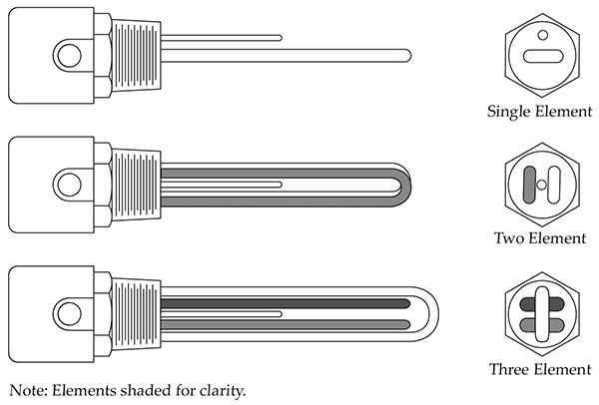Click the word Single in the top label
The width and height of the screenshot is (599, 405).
[x=509, y=112]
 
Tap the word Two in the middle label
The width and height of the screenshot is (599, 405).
[x=509, y=238]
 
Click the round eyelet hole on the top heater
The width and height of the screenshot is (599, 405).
[x=70, y=55]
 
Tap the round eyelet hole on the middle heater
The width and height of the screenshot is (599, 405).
[x=70, y=185]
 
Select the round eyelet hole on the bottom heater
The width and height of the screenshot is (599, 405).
[x=70, y=314]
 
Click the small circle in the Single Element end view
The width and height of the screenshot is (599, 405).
[x=542, y=35]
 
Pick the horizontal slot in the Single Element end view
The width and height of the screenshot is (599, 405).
[x=543, y=56]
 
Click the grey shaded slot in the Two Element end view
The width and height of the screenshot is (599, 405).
[x=529, y=185]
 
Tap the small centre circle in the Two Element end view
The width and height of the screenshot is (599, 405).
[x=542, y=185]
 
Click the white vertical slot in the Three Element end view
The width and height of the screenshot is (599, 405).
[x=542, y=314]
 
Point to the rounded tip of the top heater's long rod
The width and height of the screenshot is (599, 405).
[x=408, y=56]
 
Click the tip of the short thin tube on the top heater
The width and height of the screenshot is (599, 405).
[x=280, y=38]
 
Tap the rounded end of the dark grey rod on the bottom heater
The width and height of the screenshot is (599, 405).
[x=406, y=304]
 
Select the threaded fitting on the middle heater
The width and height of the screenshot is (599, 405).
[x=136, y=185]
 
